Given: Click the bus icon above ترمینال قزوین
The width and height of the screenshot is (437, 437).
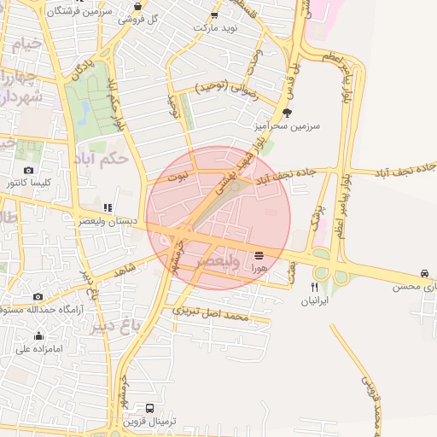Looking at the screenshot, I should click(150, 409).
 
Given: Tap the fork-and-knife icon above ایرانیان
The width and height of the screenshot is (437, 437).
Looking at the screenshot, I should click(314, 288).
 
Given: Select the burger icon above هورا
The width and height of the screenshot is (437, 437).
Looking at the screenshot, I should click(259, 254).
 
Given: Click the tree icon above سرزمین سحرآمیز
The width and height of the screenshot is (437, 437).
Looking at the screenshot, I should click(287, 111).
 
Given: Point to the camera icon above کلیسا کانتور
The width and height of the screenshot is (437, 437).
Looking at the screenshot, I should click(28, 170).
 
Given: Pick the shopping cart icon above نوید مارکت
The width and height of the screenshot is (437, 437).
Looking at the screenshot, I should click(213, 15).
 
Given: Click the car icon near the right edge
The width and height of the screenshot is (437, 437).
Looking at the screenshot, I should click(424, 273).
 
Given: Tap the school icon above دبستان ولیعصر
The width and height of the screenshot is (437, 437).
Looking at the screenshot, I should click(108, 207).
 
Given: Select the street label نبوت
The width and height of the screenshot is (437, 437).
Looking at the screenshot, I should click(177, 176).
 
